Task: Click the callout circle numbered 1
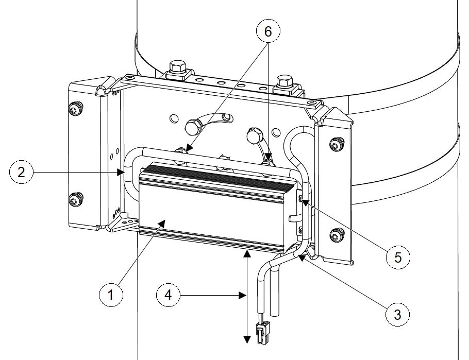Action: point(111,295)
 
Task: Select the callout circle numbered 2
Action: point(21,172)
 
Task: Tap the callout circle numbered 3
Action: point(397,314)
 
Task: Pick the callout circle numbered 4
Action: point(169,295)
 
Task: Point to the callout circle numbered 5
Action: point(398,257)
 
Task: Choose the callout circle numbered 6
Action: point(268,31)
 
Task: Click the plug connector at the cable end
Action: point(263,332)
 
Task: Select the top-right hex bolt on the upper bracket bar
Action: point(284,81)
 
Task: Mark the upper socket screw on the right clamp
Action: point(336,144)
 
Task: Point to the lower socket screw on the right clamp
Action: point(336,235)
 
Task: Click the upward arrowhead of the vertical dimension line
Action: point(247,253)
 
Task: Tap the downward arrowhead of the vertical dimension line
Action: point(247,340)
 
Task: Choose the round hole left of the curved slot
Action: point(174,118)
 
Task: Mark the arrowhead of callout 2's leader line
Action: point(121,172)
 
